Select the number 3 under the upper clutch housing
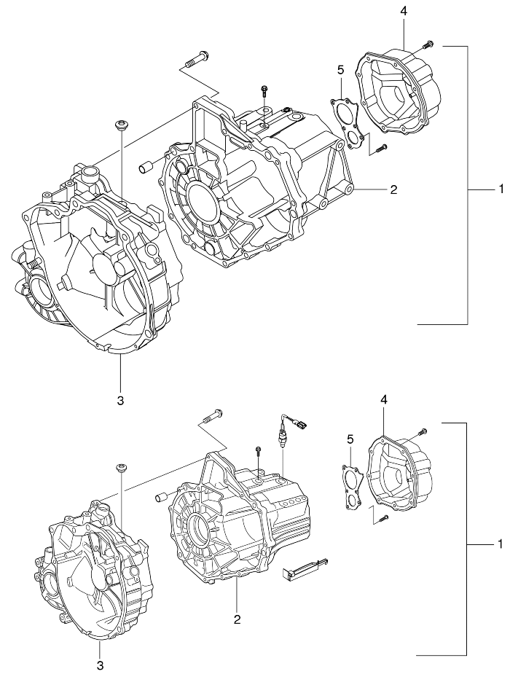[x=120, y=399]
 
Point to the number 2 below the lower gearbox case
[x=237, y=619]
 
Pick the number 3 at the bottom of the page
[x=100, y=665]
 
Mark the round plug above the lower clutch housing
[x=122, y=467]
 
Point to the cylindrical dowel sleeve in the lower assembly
[x=161, y=498]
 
